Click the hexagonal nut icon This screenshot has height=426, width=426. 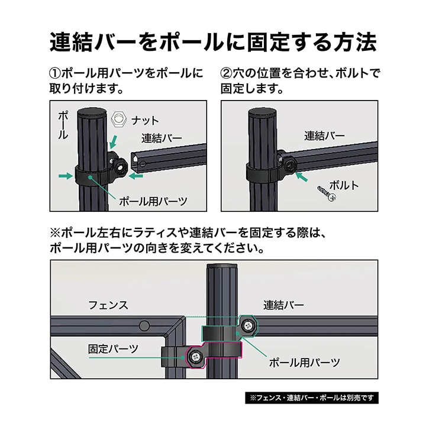point(119,119)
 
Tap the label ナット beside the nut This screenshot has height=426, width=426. point(145,120)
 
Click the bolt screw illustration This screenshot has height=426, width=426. point(327,193)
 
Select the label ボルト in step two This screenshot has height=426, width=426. point(344,186)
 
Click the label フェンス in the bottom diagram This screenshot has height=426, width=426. point(108,305)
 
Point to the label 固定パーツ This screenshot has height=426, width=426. point(113,349)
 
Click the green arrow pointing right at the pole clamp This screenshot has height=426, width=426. point(66,176)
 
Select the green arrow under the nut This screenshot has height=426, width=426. point(114,142)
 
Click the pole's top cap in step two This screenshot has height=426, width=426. point(263,112)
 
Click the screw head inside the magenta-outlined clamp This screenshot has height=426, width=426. point(195,357)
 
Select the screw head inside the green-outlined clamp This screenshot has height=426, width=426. point(247,325)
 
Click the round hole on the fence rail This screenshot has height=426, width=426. point(144,325)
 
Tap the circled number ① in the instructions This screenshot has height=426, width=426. point(55,73)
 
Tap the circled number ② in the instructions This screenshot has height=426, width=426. point(226,73)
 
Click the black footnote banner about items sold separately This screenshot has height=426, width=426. point(312,398)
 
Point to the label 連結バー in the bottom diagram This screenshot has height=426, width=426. point(283,305)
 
